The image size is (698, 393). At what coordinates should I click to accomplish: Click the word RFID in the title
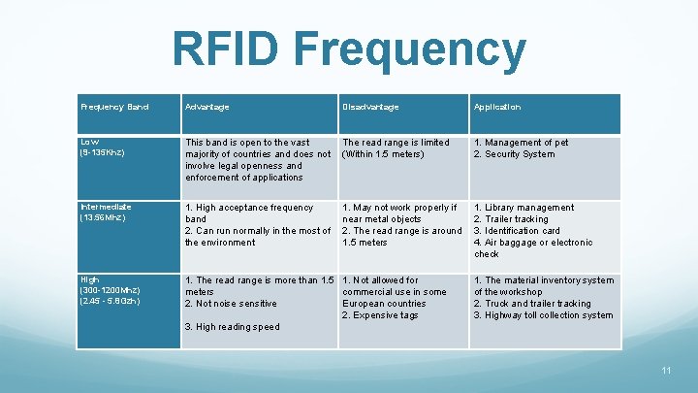click(226, 51)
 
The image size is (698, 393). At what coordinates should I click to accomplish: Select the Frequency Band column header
click(114, 107)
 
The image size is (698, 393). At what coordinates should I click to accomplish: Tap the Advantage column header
click(207, 107)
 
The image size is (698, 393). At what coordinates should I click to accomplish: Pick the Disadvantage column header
click(370, 107)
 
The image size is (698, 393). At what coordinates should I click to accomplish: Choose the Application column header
click(497, 107)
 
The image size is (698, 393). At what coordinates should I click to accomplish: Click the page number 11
click(665, 371)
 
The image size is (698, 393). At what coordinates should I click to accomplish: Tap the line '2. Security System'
click(514, 154)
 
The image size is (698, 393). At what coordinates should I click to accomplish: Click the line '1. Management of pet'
click(521, 143)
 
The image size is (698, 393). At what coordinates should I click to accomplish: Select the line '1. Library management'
click(523, 208)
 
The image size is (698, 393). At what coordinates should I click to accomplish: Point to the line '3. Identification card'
click(517, 231)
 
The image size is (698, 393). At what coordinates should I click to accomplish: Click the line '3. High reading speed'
click(232, 327)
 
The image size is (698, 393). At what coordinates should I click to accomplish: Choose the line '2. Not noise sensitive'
click(231, 304)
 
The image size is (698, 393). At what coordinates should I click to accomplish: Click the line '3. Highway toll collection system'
click(543, 315)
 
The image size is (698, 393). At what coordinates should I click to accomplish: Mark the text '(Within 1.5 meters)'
click(384, 154)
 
